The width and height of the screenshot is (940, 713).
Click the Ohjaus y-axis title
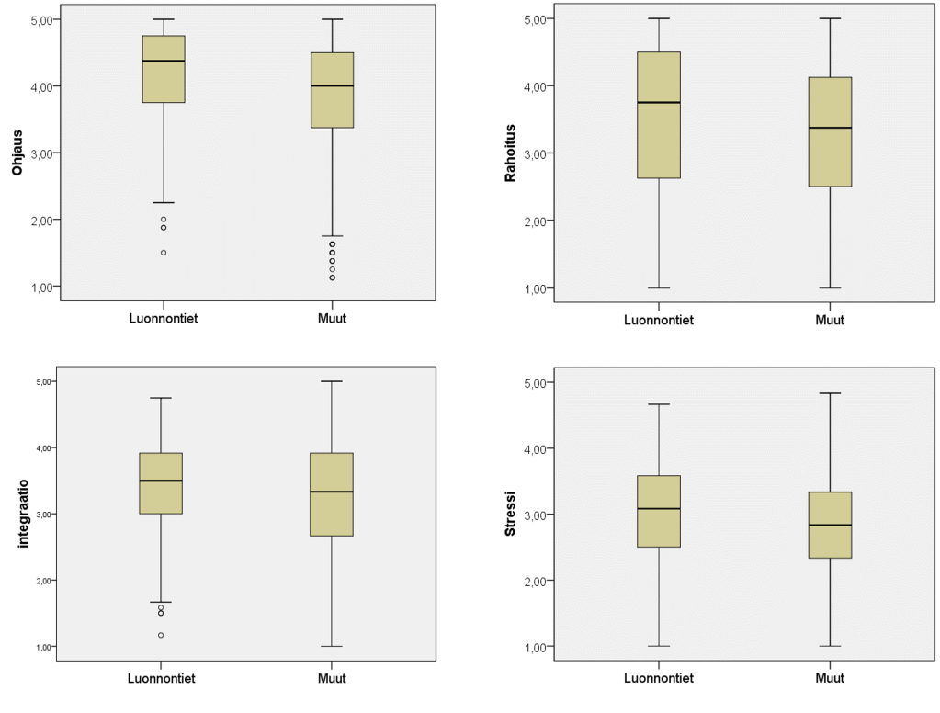pos(17,152)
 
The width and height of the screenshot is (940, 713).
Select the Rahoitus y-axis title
pos(511,153)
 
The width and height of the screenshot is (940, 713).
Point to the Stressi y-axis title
pos(511,515)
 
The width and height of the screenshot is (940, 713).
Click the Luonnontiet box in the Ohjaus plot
pos(164,69)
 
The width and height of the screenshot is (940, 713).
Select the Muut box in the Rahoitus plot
pos(829,131)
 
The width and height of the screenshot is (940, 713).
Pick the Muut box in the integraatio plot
pos(332,494)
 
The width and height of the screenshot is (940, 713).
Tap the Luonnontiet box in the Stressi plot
pos(659,511)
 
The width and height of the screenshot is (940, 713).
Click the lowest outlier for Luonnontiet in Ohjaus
pos(164,253)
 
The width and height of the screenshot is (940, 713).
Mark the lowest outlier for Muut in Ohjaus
pos(332,277)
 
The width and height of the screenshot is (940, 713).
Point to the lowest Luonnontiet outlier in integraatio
pos(161,635)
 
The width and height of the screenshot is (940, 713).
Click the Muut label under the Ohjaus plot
pos(332,319)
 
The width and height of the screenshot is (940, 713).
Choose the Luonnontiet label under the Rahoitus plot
pos(659,321)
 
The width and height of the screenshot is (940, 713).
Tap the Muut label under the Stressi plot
pos(829,679)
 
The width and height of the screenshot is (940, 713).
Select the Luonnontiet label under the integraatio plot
pos(161,679)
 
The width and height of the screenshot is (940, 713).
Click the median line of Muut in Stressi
pos(829,526)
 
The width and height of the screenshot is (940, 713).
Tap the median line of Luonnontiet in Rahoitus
pos(659,102)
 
